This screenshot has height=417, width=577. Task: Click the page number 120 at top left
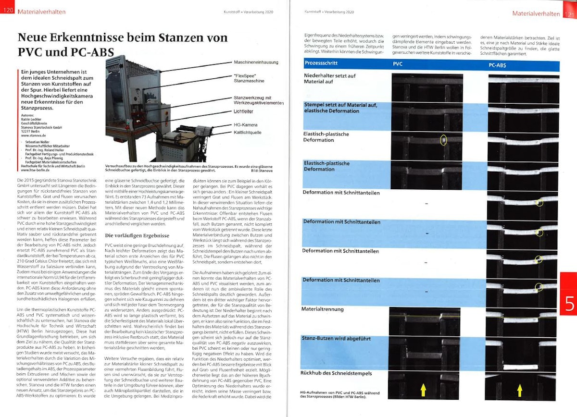click(8, 11)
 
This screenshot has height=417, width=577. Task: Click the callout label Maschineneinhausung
click(256, 62)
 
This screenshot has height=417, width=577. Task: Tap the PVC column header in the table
click(398, 64)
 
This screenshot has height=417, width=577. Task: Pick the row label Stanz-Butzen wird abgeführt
click(337, 339)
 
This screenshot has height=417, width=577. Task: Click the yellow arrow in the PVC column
click(423, 390)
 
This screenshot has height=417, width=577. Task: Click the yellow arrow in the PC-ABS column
click(520, 390)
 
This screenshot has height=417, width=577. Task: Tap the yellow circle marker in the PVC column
click(443, 140)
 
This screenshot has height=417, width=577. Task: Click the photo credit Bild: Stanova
click(264, 171)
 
